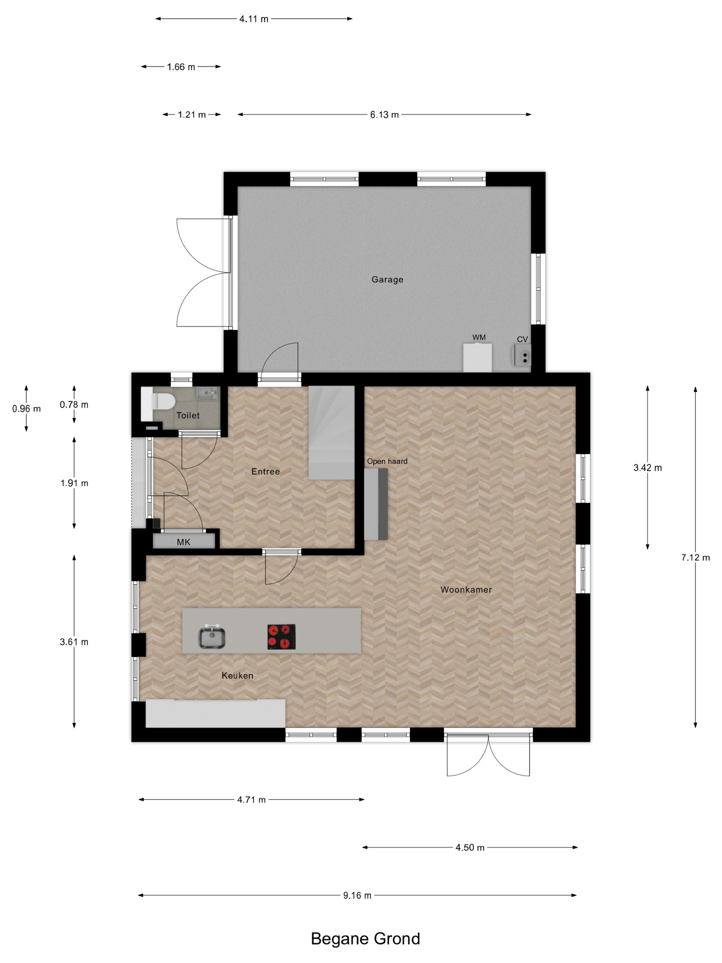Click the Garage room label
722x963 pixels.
(x=387, y=280)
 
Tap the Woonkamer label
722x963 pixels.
(x=466, y=589)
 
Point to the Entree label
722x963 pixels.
(x=265, y=471)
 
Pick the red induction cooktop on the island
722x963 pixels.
(x=281, y=637)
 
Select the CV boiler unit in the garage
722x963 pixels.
(x=522, y=355)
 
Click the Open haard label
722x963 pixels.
(x=387, y=461)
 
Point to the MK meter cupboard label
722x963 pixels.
(x=184, y=542)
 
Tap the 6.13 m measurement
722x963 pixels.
(x=384, y=115)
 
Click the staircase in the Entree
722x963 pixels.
(x=331, y=432)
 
